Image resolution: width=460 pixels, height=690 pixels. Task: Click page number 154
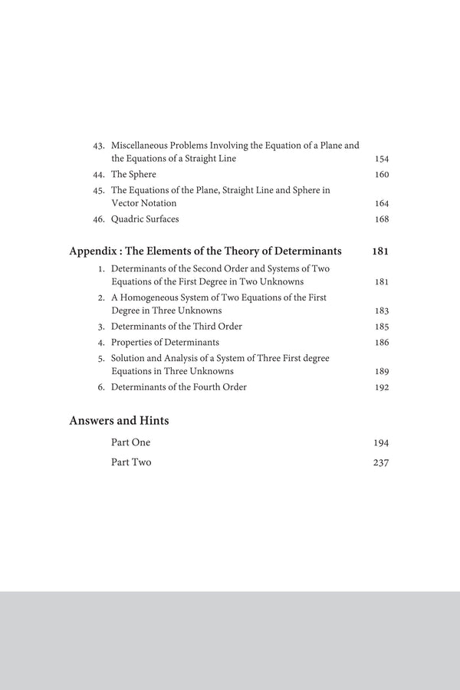382,159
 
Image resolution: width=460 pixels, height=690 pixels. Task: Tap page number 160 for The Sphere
382,174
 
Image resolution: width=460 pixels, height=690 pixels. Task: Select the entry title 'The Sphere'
133,174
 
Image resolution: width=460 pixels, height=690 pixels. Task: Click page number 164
382,203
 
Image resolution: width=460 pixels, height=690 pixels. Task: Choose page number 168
382,219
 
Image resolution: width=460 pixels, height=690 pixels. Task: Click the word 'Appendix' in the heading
94,251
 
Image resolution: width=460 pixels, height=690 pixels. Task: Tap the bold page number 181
380,251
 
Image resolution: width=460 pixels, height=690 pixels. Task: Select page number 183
382,310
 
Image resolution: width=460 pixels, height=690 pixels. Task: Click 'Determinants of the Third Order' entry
176,326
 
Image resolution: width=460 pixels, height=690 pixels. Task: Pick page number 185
382,326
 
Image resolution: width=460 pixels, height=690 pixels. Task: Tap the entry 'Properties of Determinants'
165,342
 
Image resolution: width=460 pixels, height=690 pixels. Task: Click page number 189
382,371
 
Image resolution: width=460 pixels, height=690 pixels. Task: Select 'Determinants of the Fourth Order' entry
179,387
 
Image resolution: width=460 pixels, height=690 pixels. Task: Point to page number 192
382,387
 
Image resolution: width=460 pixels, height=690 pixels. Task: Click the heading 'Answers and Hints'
119,420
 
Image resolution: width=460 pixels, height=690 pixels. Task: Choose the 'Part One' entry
131,442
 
